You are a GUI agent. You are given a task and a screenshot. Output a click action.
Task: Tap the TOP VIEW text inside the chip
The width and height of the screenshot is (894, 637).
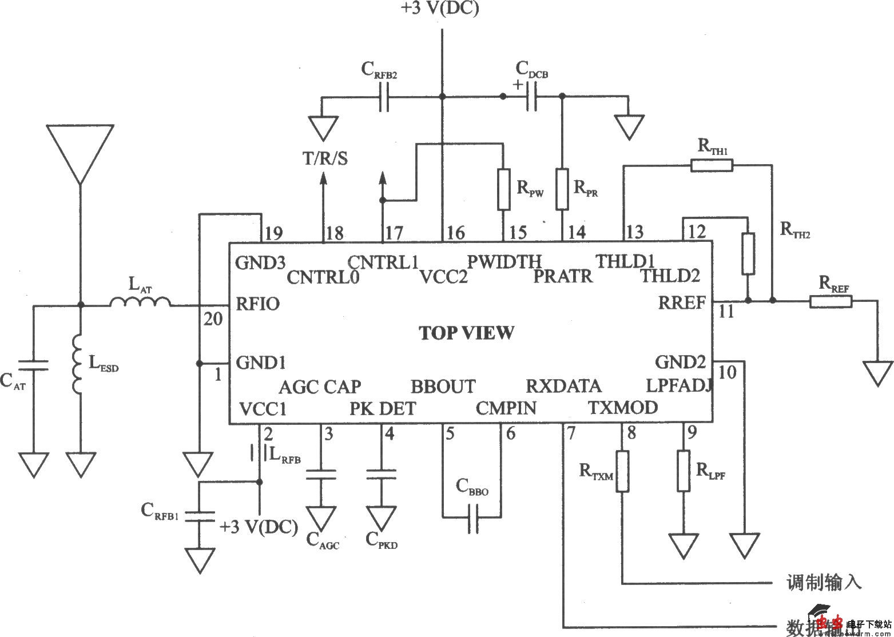pos(467,333)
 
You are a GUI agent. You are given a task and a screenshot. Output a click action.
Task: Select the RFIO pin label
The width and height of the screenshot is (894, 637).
pos(258,303)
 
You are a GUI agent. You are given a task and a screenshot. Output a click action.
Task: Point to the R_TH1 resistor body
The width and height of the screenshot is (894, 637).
pos(712,166)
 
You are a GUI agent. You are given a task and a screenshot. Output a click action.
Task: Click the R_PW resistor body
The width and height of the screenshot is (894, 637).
pos(503,189)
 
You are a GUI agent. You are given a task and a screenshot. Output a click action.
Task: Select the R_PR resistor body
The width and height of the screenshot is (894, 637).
pos(562,189)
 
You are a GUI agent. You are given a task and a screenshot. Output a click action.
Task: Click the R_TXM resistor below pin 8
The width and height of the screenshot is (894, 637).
pos(622,471)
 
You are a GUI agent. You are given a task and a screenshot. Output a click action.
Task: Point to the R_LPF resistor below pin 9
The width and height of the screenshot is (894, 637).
pos(684,471)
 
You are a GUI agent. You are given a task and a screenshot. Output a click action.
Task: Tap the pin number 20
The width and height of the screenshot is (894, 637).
pos(213,319)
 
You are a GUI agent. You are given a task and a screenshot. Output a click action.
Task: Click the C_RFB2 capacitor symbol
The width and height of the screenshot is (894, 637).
pos(384,97)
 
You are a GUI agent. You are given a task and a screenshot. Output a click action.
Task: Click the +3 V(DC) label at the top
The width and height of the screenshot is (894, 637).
pos(440,9)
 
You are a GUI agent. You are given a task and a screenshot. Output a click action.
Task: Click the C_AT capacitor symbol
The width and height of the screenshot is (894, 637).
pos(33,364)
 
